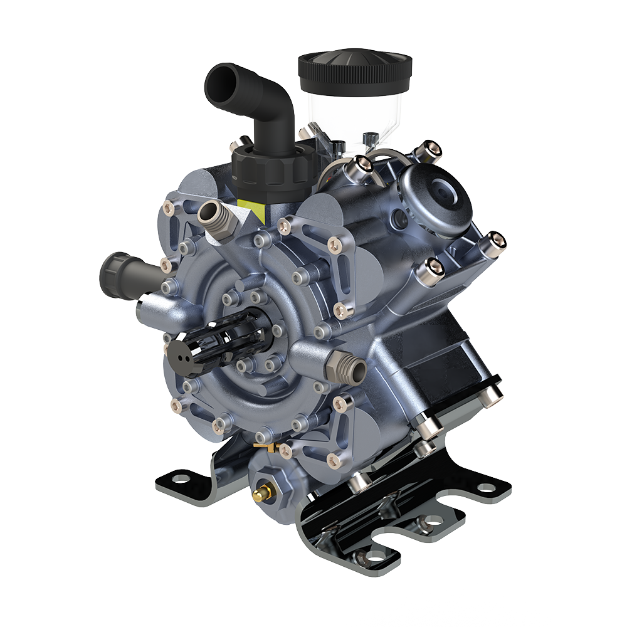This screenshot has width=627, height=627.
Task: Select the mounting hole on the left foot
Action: tap(181, 480)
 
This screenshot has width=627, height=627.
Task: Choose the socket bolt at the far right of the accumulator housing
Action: tap(495, 240)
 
